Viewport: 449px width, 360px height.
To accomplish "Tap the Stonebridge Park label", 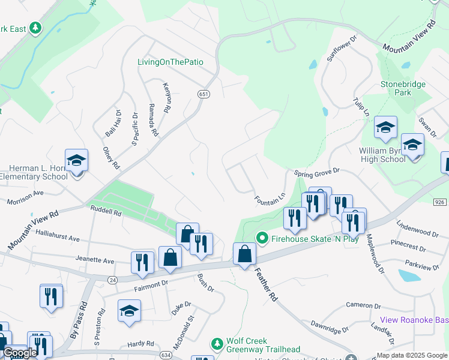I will click(403, 89).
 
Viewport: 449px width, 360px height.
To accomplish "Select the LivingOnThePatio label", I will click(170, 62).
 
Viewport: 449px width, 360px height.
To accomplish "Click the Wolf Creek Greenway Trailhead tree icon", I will click(217, 344).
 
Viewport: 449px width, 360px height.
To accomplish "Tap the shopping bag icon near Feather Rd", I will click(244, 254).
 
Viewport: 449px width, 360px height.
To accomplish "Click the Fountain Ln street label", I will click(269, 198).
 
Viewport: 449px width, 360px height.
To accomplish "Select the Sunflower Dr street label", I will click(342, 49).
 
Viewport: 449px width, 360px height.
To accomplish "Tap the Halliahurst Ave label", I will click(58, 239).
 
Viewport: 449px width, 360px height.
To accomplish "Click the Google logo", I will click(20, 353).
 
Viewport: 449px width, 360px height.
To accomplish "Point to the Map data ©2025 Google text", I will click(411, 355).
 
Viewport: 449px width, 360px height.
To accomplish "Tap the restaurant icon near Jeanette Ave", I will click(142, 262).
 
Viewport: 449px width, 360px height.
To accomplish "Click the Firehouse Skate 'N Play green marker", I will click(262, 238).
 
